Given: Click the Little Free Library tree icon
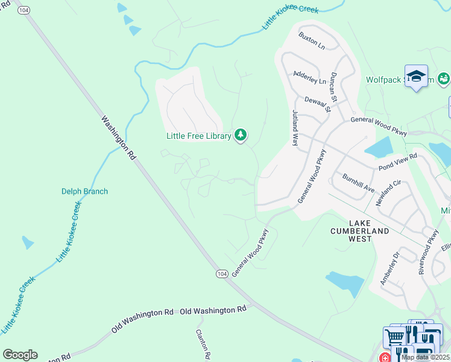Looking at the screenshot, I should click(241, 135).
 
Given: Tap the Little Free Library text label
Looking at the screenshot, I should click(199, 136).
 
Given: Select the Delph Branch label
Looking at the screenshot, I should click(84, 191).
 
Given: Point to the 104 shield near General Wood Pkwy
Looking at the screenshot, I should click(222, 274).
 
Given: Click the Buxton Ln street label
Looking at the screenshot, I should click(311, 40).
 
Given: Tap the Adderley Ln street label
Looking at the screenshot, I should click(309, 77).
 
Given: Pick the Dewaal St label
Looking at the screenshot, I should click(318, 104).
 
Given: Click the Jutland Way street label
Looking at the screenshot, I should click(295, 129).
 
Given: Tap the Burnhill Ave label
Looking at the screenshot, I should click(358, 184).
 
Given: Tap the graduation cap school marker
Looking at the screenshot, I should click(416, 76).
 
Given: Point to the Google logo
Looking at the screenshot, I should click(20, 355).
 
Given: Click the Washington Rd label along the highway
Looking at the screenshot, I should click(119, 138).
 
